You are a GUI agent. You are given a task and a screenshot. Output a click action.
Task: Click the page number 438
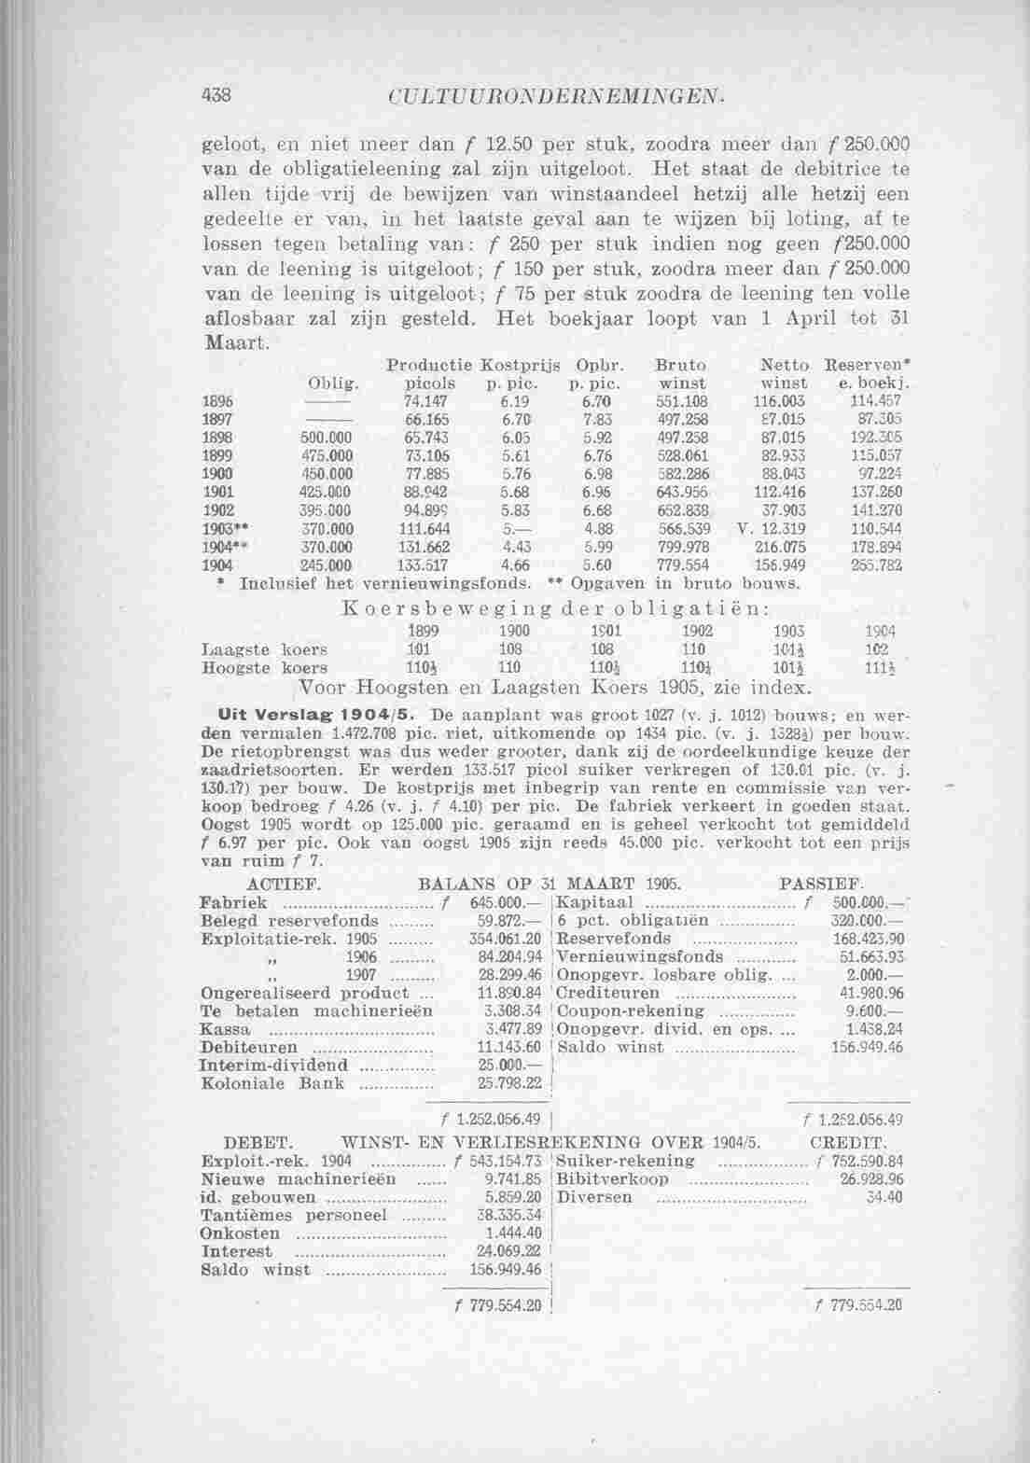point(220,95)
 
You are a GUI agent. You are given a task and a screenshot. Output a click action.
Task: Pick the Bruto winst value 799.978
point(677,548)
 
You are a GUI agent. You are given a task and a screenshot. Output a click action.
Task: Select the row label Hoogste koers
point(264,668)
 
